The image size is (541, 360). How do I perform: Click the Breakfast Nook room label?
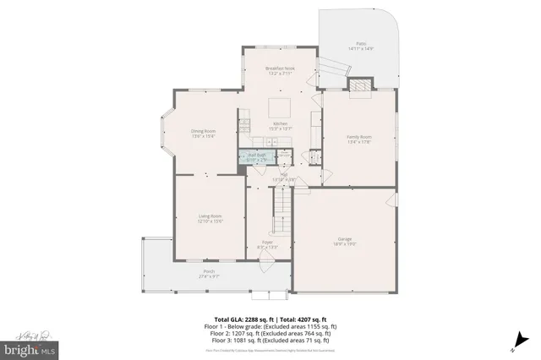[x=278, y=68]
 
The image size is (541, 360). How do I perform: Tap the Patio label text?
[x=361, y=42]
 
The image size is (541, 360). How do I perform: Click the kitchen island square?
[x=280, y=108]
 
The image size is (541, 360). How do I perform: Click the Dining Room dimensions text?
[x=203, y=136]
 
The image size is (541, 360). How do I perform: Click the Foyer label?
[x=267, y=242]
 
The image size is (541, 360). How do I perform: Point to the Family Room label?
[x=361, y=137]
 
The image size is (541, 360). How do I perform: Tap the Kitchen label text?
[x=280, y=124]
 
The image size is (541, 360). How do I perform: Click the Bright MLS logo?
[x=30, y=347]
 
